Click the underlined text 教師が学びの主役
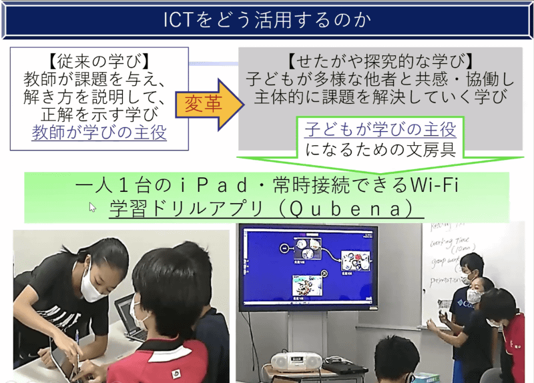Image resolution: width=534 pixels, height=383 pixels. (x=99, y=133)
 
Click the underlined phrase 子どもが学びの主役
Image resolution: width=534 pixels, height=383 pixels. (x=380, y=129)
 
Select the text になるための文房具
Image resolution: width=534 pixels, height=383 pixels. (x=380, y=149)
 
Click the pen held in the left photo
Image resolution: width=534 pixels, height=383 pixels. (x=78, y=346)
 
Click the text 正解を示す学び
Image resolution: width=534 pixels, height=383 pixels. (x=99, y=114)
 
